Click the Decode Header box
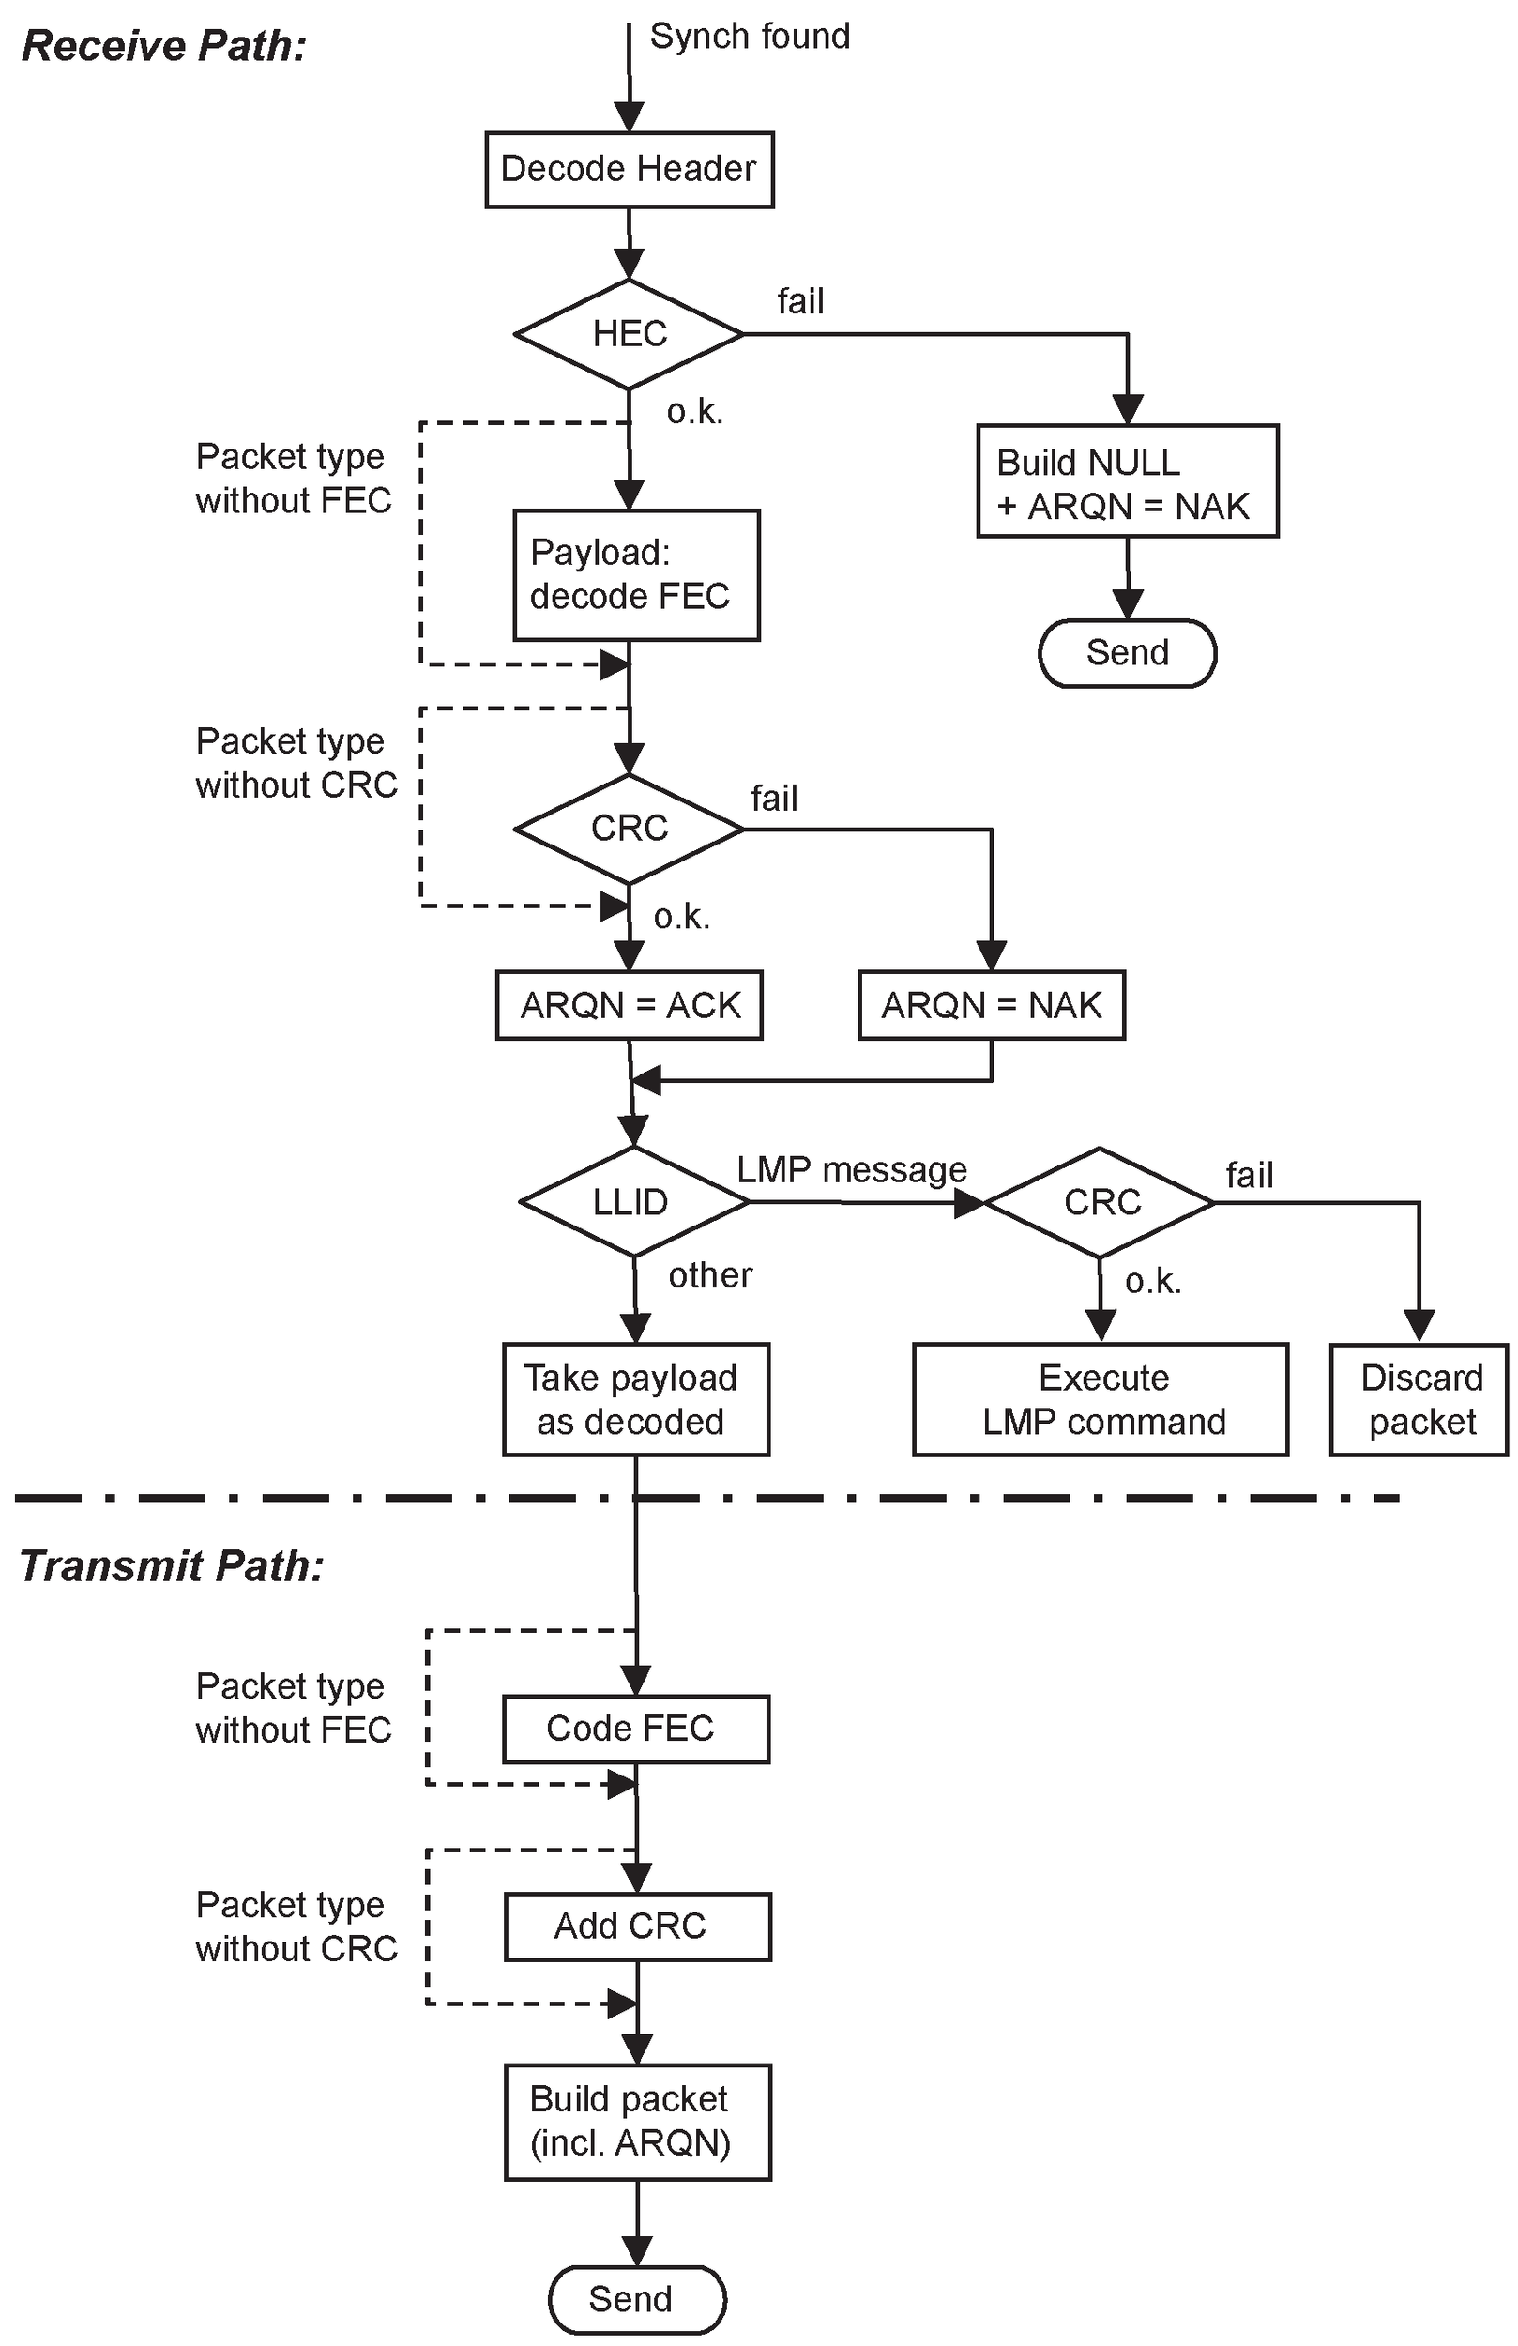[629, 170]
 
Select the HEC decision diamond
[629, 334]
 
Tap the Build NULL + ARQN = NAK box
[1127, 481]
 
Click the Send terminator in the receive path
[1127, 652]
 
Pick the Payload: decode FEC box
[636, 574]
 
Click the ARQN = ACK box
[629, 1005]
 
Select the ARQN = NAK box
[991, 1005]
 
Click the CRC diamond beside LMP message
[1101, 1201]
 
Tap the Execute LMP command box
[1101, 1399]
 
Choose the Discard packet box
[1419, 1399]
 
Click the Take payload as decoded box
[635, 1399]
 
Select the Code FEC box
[635, 1728]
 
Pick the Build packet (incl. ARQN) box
[637, 2122]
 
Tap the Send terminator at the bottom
[637, 2299]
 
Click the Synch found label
[749, 37]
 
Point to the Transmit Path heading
[172, 1566]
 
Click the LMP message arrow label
[852, 1170]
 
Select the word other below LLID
[709, 1275]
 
